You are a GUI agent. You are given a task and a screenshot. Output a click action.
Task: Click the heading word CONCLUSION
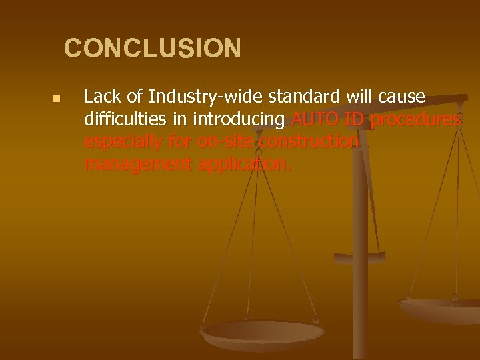(153, 49)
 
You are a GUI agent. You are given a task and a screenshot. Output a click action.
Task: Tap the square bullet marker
(56, 99)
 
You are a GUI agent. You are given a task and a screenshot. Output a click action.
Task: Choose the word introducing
(236, 120)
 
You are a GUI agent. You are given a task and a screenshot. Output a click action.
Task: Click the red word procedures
(415, 121)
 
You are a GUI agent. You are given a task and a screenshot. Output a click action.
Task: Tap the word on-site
(217, 142)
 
